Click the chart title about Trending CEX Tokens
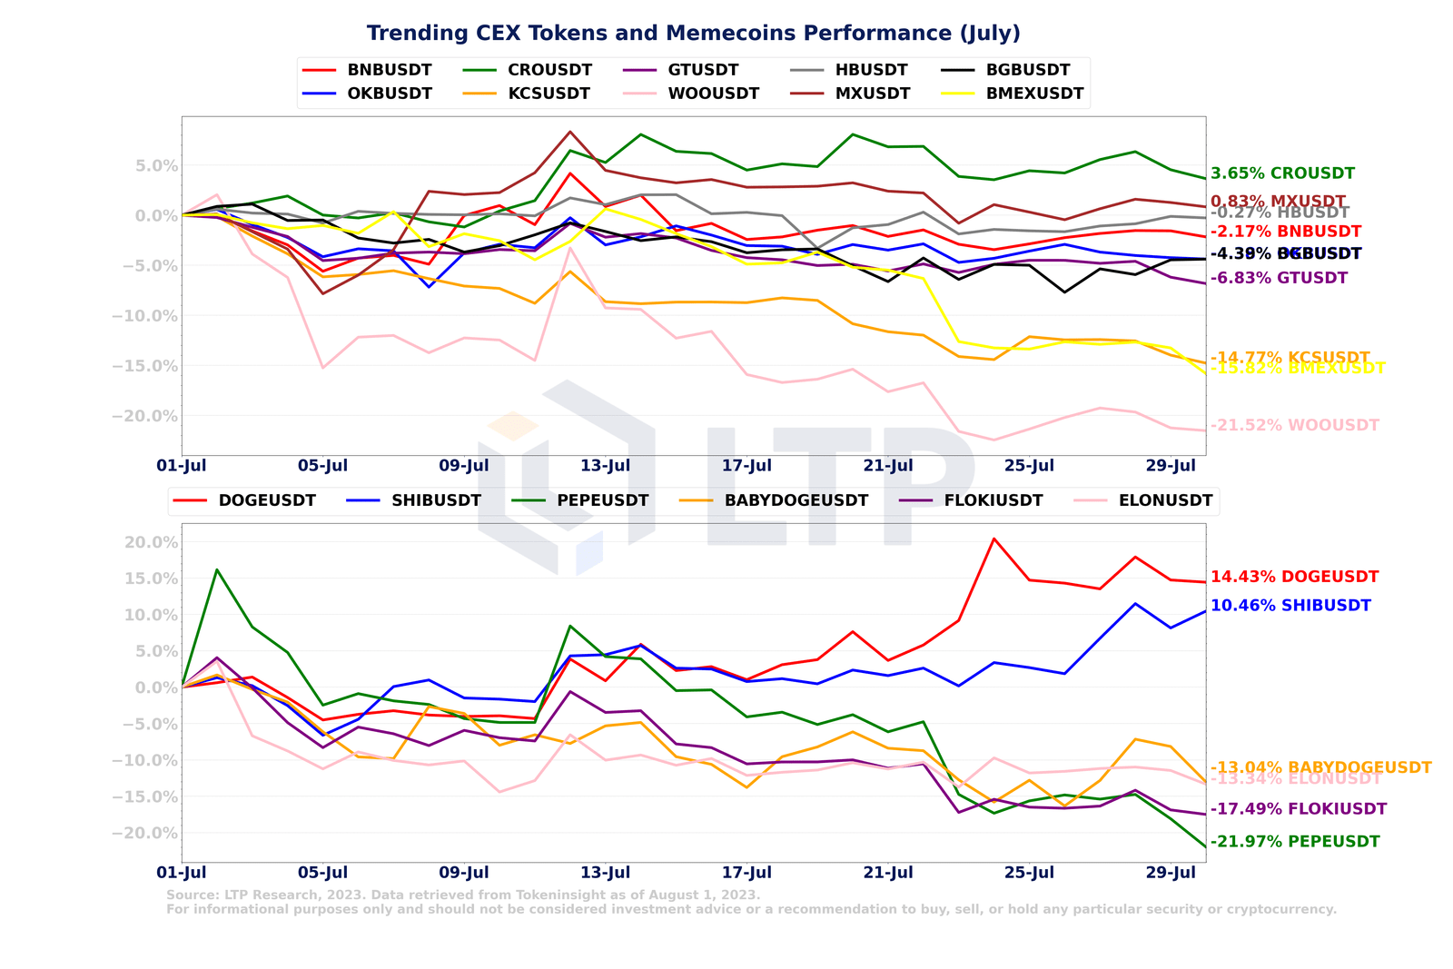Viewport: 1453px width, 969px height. [693, 34]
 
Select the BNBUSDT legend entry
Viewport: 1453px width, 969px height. [390, 70]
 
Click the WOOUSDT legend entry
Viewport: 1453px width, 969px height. [713, 94]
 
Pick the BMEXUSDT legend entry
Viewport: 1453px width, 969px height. [1034, 94]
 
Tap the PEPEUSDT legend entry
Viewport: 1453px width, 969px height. [602, 500]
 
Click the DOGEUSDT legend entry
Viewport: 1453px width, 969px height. [267, 500]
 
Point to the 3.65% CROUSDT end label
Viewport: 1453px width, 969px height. [1282, 173]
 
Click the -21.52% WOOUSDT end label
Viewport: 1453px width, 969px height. [1294, 425]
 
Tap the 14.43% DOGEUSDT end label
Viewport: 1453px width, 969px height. [1294, 577]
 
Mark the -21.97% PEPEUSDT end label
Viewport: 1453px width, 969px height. [1294, 842]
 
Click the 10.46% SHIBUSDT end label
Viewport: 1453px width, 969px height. [1290, 606]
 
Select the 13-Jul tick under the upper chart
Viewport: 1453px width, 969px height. [606, 466]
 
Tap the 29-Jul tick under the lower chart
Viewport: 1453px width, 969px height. [1171, 873]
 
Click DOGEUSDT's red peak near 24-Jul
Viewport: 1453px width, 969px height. [993, 539]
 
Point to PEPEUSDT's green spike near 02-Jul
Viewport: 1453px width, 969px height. [216, 569]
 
